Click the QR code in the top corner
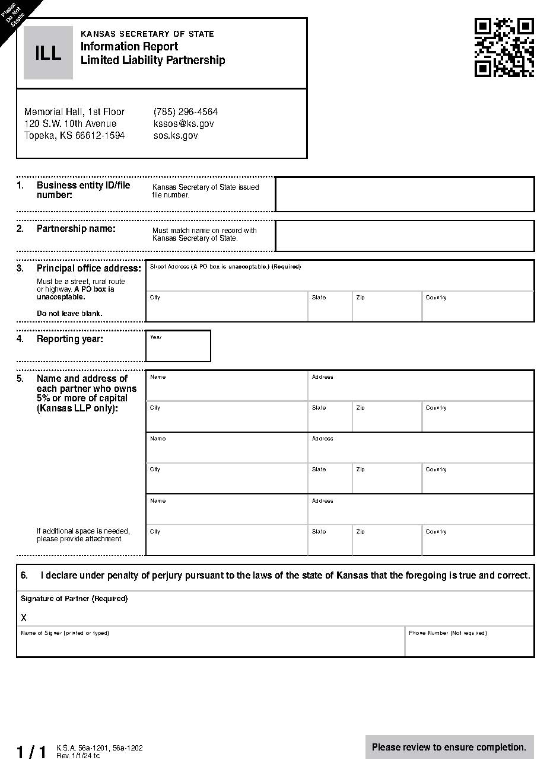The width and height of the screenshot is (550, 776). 504,47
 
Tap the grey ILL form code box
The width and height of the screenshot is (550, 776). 48,53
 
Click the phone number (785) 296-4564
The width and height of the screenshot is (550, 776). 185,111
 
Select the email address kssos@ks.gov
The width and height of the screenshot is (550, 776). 183,123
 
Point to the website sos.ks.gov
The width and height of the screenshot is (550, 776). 175,135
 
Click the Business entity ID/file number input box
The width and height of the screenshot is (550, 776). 405,194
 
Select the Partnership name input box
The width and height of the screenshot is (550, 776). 405,236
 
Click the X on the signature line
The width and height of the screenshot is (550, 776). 24,618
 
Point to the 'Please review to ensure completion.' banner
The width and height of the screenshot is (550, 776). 449,747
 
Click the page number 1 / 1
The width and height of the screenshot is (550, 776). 31,752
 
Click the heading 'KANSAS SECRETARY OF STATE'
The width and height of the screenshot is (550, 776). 147,34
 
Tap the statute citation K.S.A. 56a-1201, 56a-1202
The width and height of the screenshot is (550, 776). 100,748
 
